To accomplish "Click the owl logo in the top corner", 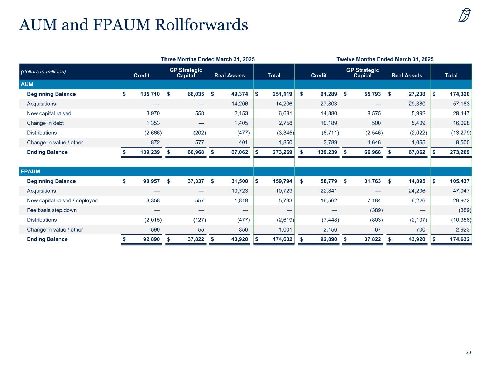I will pos(464,15).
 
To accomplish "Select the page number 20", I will pos(468,352).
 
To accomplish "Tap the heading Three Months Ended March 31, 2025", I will pos(208,59).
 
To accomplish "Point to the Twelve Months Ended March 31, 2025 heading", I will pos(385,59).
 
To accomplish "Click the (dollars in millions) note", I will pos(43,71).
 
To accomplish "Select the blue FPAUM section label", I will pos(30,171).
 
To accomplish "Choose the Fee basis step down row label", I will pos(52,210).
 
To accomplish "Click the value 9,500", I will pos(462,142).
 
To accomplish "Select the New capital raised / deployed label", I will pos(62,200).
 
